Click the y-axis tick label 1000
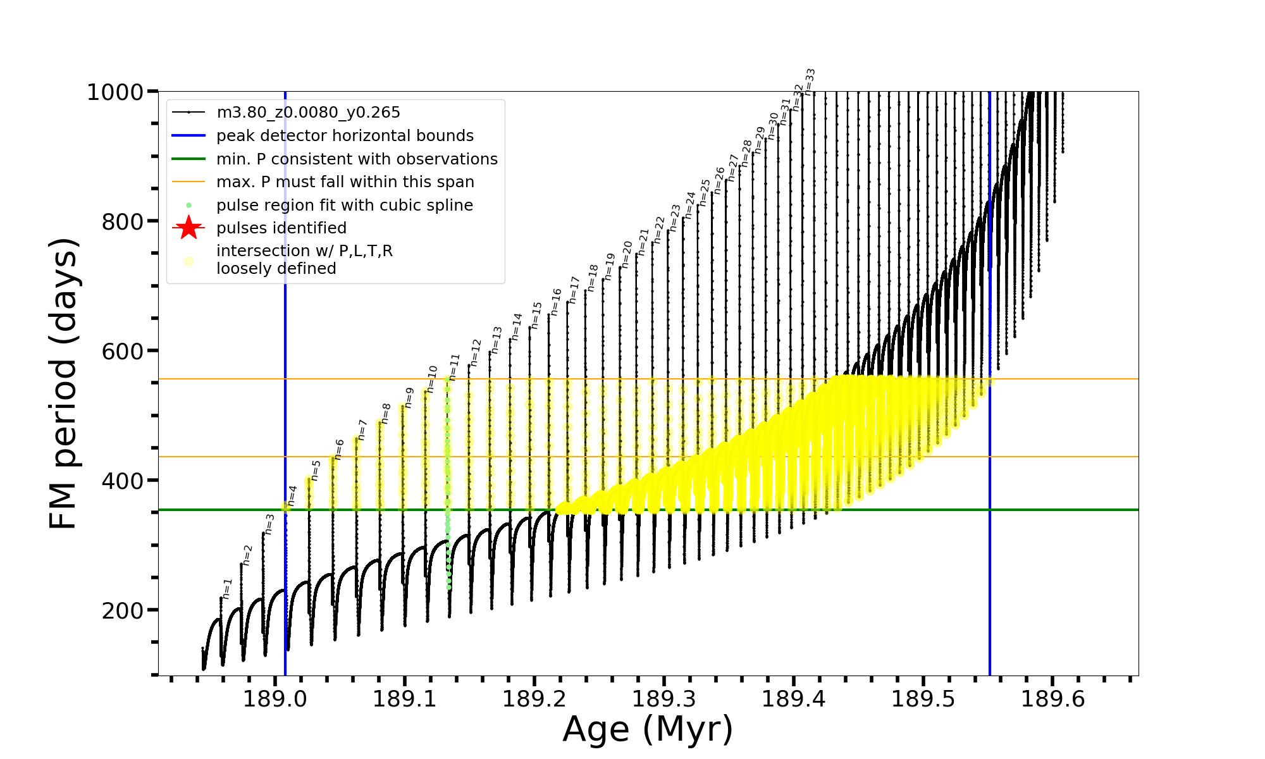(114, 92)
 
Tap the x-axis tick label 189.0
(275, 699)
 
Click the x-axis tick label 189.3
(663, 699)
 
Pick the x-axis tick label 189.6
(1052, 699)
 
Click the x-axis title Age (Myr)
(648, 729)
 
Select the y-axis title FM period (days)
(64, 383)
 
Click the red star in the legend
(188, 228)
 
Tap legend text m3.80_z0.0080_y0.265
(308, 113)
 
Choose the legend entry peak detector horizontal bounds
(345, 136)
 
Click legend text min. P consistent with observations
(357, 159)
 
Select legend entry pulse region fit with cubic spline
(344, 205)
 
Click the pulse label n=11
(454, 367)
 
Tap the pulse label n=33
(810, 82)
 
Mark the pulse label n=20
(627, 254)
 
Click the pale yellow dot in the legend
(188, 261)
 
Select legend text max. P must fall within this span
(345, 182)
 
